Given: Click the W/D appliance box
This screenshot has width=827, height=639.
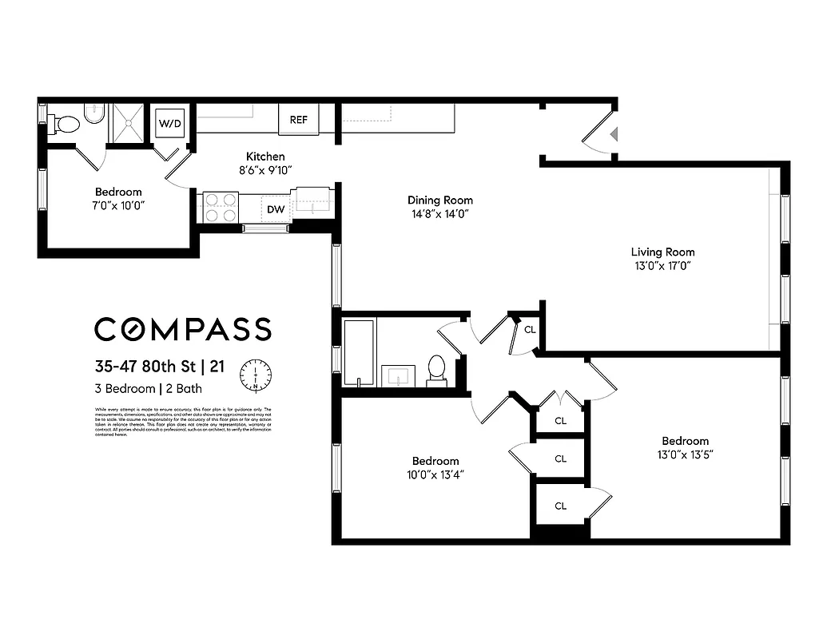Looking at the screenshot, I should coord(169,123).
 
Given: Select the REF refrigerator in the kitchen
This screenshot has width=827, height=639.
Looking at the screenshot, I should coord(298,120).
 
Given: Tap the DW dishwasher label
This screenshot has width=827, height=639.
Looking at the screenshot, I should coord(275,209).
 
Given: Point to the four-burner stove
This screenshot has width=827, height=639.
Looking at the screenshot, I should coord(221,207).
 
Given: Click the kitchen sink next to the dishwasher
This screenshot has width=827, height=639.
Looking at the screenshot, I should coord(312,201).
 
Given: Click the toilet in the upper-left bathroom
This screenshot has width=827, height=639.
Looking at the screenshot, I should coord(66,124).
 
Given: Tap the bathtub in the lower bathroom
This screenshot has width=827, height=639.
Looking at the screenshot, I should coord(358,352).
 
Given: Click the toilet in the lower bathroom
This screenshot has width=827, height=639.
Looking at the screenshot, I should coord(436,369).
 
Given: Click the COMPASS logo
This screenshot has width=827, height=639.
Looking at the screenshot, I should coord(183,329).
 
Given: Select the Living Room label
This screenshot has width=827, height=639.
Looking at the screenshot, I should coord(662,252).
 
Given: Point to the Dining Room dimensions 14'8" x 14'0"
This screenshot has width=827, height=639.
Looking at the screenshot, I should coord(439,214).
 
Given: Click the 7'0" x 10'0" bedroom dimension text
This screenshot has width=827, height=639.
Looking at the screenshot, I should coord(118,205).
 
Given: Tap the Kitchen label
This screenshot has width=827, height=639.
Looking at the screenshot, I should coord(264,157).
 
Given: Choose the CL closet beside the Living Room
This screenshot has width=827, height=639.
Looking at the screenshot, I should coord(530,329).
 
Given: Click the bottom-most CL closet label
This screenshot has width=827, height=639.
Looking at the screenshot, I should coord(560,506).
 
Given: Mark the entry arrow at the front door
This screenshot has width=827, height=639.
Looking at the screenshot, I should coord(613,134).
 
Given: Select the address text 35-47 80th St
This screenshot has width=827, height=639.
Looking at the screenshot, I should coord(145,367).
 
